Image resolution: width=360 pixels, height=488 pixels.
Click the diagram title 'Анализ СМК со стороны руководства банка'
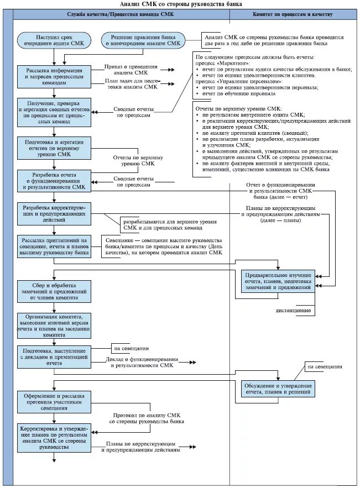[181, 4]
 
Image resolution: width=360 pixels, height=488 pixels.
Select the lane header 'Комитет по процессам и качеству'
[293, 14]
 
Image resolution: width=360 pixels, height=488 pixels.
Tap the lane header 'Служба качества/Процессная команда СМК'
[121, 14]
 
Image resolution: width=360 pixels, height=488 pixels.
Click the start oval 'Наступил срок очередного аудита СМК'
[54, 40]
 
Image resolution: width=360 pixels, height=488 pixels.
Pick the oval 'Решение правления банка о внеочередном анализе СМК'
[143, 40]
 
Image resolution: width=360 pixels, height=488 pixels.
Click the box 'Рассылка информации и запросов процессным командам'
[54, 77]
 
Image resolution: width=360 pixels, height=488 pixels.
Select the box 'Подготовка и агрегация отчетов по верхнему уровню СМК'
[54, 148]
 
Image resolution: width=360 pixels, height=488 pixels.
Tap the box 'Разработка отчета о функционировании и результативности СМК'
[54, 181]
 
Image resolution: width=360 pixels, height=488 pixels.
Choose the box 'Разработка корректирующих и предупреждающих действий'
[54, 214]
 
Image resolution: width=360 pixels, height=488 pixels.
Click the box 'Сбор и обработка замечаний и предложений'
[54, 292]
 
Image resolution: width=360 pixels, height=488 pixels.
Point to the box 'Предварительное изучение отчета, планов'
[278, 281]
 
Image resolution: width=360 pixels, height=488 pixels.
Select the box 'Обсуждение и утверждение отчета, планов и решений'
[278, 389]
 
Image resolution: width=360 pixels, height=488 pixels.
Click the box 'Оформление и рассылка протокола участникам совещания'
[54, 402]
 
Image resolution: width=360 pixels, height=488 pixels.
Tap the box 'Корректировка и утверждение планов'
[54, 438]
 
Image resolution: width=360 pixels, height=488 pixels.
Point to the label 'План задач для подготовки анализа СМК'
[132, 84]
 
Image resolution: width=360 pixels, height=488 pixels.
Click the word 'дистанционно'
[293, 311]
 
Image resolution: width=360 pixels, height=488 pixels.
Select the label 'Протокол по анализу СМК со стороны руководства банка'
[147, 418]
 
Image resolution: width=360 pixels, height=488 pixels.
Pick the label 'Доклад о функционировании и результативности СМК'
[142, 362]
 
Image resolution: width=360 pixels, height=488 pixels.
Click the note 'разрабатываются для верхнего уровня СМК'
[170, 225]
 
